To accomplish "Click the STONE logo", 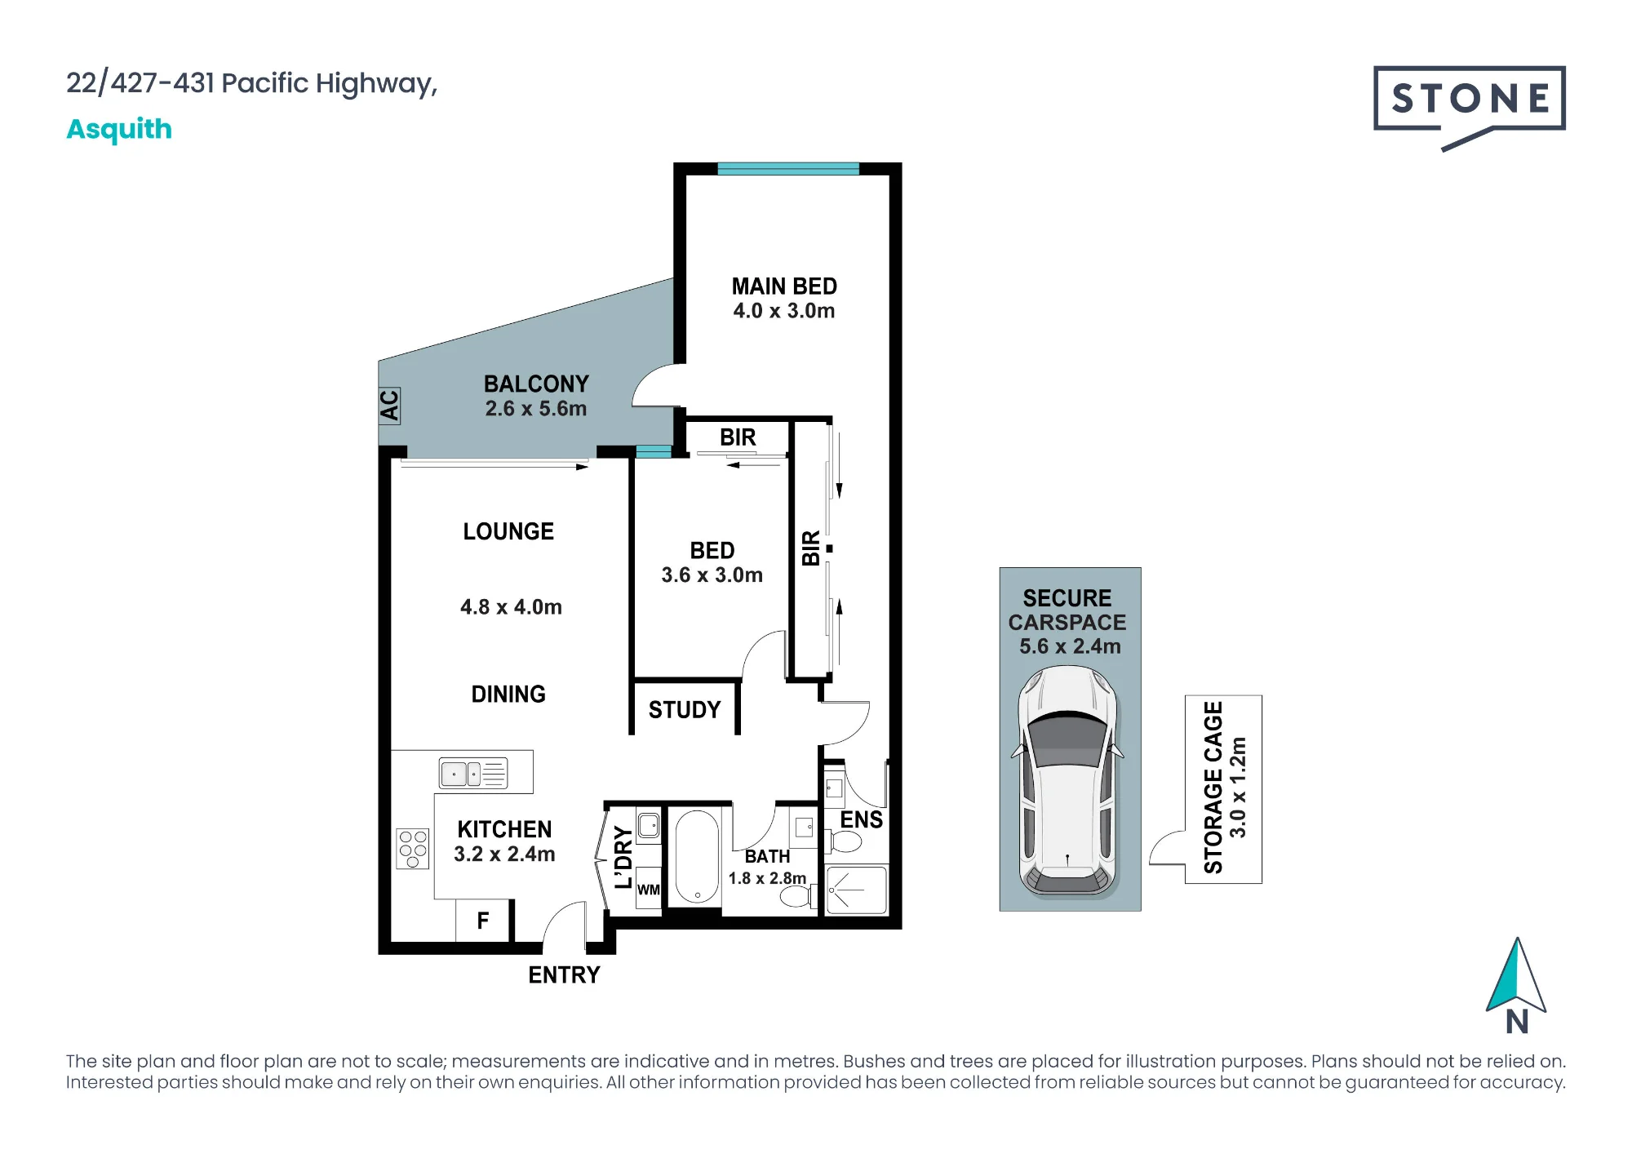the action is [1469, 106].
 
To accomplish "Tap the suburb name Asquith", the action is [119, 129].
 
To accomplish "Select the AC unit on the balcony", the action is [389, 405].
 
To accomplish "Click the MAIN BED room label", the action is [784, 286].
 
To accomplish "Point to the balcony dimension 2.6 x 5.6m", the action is [536, 408].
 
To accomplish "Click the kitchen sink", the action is [473, 773].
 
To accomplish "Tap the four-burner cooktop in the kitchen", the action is [413, 849].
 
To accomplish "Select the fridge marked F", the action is [483, 921].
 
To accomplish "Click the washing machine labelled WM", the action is [649, 889].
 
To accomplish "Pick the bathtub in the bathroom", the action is [697, 857].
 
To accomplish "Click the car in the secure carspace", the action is [1068, 781].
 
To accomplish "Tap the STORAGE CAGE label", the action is [1213, 788].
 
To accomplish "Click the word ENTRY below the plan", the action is [564, 974].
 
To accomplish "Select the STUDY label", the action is [685, 710].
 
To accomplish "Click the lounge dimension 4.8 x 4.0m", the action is [511, 607].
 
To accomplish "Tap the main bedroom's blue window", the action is [788, 169].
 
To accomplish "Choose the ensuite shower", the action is [856, 890].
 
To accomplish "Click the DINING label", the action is [508, 695].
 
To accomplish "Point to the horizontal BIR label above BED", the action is [738, 437].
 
